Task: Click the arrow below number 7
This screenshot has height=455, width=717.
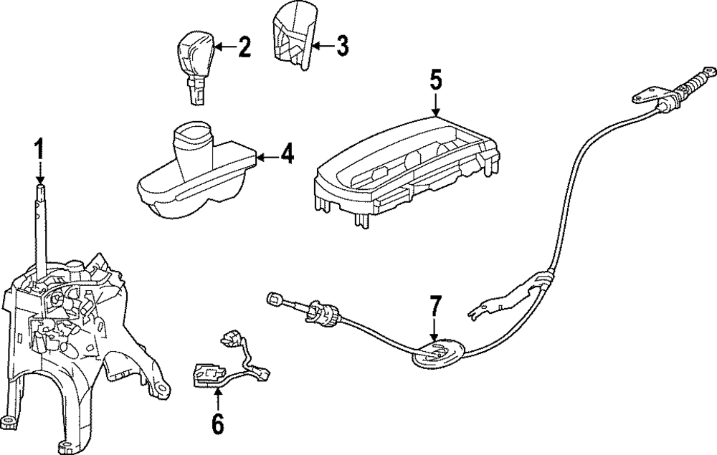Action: tap(435, 331)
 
